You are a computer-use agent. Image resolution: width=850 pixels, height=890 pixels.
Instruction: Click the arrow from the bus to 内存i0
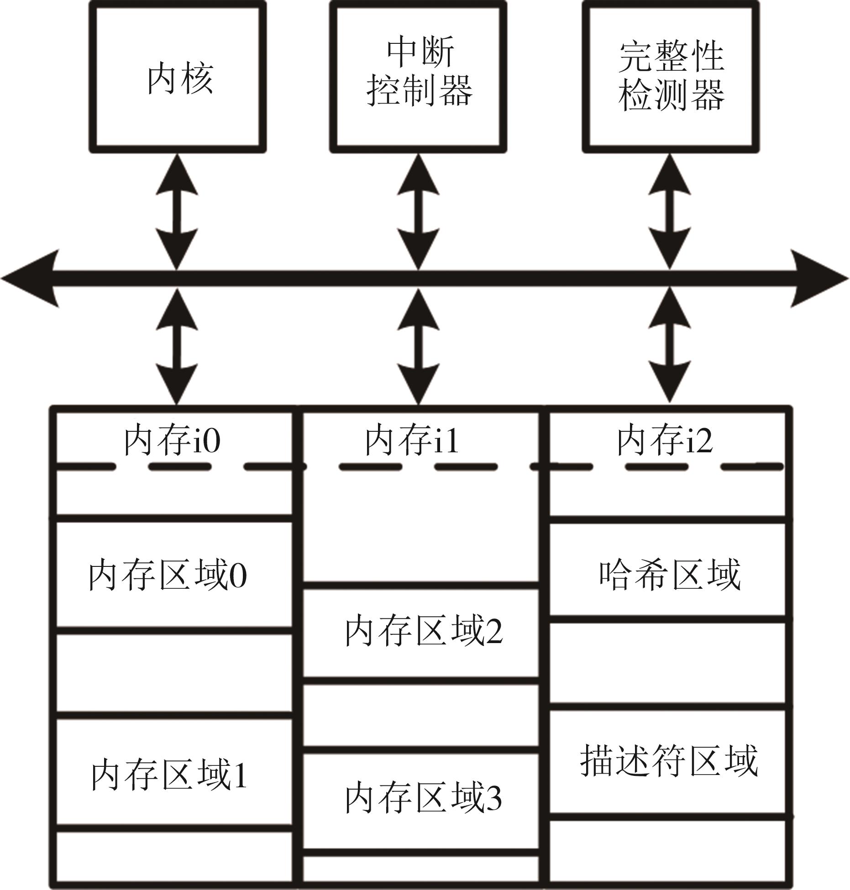click(x=177, y=347)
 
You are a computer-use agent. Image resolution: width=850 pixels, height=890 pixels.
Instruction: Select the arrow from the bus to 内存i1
click(x=418, y=347)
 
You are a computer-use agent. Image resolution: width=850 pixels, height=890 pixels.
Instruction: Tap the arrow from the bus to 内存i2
click(x=669, y=347)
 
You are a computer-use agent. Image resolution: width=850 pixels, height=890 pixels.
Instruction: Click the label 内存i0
click(x=173, y=441)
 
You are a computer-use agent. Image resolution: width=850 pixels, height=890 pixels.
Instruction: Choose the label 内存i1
click(x=412, y=441)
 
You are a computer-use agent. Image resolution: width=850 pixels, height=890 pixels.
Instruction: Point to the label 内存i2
click(x=665, y=441)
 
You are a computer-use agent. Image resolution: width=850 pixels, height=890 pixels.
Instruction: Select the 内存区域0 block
click(x=173, y=575)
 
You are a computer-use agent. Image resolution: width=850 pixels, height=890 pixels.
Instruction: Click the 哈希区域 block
click(x=669, y=573)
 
